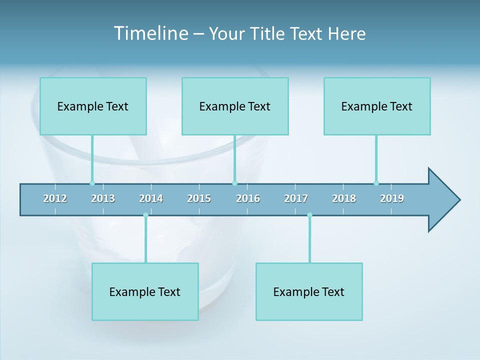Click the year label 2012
click(55, 198)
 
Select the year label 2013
click(103, 198)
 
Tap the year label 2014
click(151, 198)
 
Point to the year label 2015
click(199, 198)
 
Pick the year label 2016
click(248, 198)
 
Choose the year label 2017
click(296, 198)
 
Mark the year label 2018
click(344, 198)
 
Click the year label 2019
click(392, 198)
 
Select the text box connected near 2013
click(93, 106)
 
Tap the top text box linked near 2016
click(235, 106)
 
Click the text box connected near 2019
click(377, 106)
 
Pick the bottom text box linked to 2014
click(145, 291)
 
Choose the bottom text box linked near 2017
click(309, 291)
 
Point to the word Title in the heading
click(269, 34)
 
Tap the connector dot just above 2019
click(376, 183)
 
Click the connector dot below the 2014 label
click(145, 215)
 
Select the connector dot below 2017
click(309, 215)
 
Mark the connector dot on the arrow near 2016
click(234, 183)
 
